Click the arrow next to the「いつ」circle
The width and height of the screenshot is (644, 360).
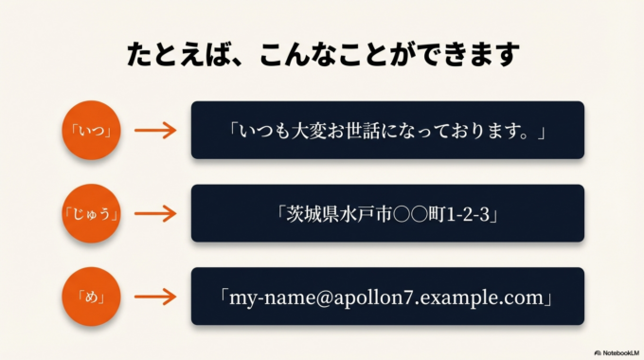(155, 131)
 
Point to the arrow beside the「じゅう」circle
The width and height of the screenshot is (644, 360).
(155, 214)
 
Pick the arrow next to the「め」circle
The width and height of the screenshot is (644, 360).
(155, 297)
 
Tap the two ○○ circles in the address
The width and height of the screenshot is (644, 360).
(409, 214)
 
